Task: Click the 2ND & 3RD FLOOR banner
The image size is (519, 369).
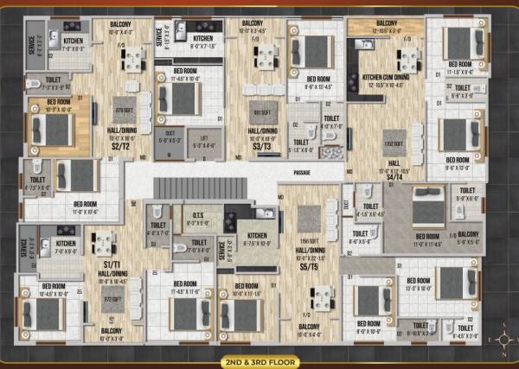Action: coord(259,359)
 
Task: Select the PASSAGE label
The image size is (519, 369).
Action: coord(301,172)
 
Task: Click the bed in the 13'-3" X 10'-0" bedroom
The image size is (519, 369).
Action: coord(450,283)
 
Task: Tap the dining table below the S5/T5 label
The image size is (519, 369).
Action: coord(322,298)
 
